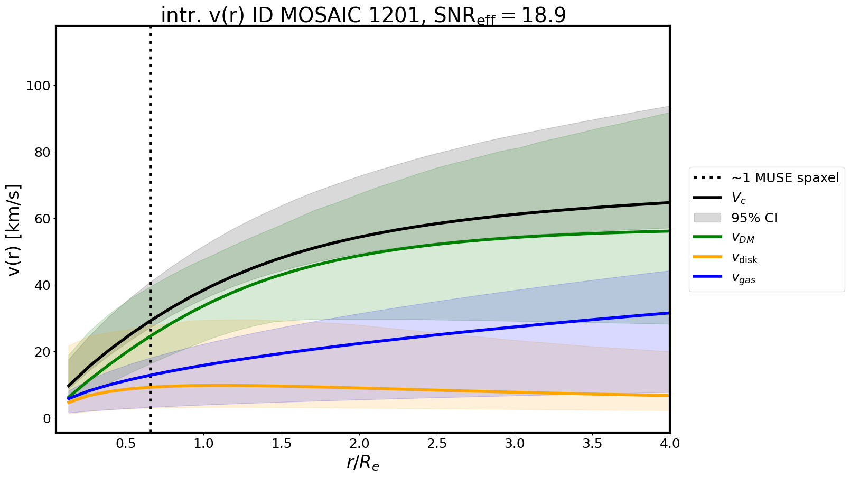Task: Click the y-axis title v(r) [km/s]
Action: click(x=14, y=230)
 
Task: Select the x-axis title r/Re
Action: click(x=362, y=463)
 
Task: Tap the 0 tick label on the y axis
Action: click(x=47, y=418)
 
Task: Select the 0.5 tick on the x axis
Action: click(x=126, y=444)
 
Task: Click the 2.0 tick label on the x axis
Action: click(x=359, y=444)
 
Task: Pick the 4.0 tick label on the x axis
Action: click(x=669, y=444)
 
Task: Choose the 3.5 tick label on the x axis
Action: click(x=592, y=444)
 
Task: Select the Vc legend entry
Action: click(x=738, y=198)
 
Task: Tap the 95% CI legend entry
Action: click(x=754, y=218)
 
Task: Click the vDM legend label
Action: click(x=743, y=238)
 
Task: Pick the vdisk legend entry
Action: click(x=744, y=258)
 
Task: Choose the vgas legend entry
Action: click(x=743, y=278)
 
